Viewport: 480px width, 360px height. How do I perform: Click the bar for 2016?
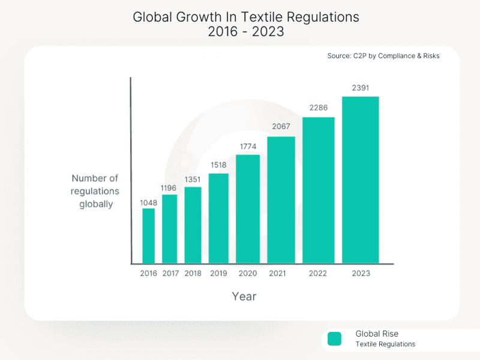148,236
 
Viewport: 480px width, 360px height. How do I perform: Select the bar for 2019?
218,218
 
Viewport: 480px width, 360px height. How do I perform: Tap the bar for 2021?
281,200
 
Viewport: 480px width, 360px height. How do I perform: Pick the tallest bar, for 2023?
360,179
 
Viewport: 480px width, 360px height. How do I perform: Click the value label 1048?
148,202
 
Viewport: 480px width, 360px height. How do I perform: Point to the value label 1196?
170,188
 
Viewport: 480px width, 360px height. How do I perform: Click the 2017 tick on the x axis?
170,274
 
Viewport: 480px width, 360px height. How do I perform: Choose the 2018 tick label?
193,274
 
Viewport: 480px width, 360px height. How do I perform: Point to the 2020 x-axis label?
247,274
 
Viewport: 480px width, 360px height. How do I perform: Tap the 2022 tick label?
318,274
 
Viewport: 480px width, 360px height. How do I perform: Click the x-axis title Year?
244,296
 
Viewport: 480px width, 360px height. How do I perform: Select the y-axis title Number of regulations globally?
95,191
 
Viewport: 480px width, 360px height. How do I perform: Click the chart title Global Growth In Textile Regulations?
245,17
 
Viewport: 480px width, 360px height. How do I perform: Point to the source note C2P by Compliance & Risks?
383,56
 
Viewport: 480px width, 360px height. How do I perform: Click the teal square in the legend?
334,339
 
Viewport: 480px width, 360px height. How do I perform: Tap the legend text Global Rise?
377,334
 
